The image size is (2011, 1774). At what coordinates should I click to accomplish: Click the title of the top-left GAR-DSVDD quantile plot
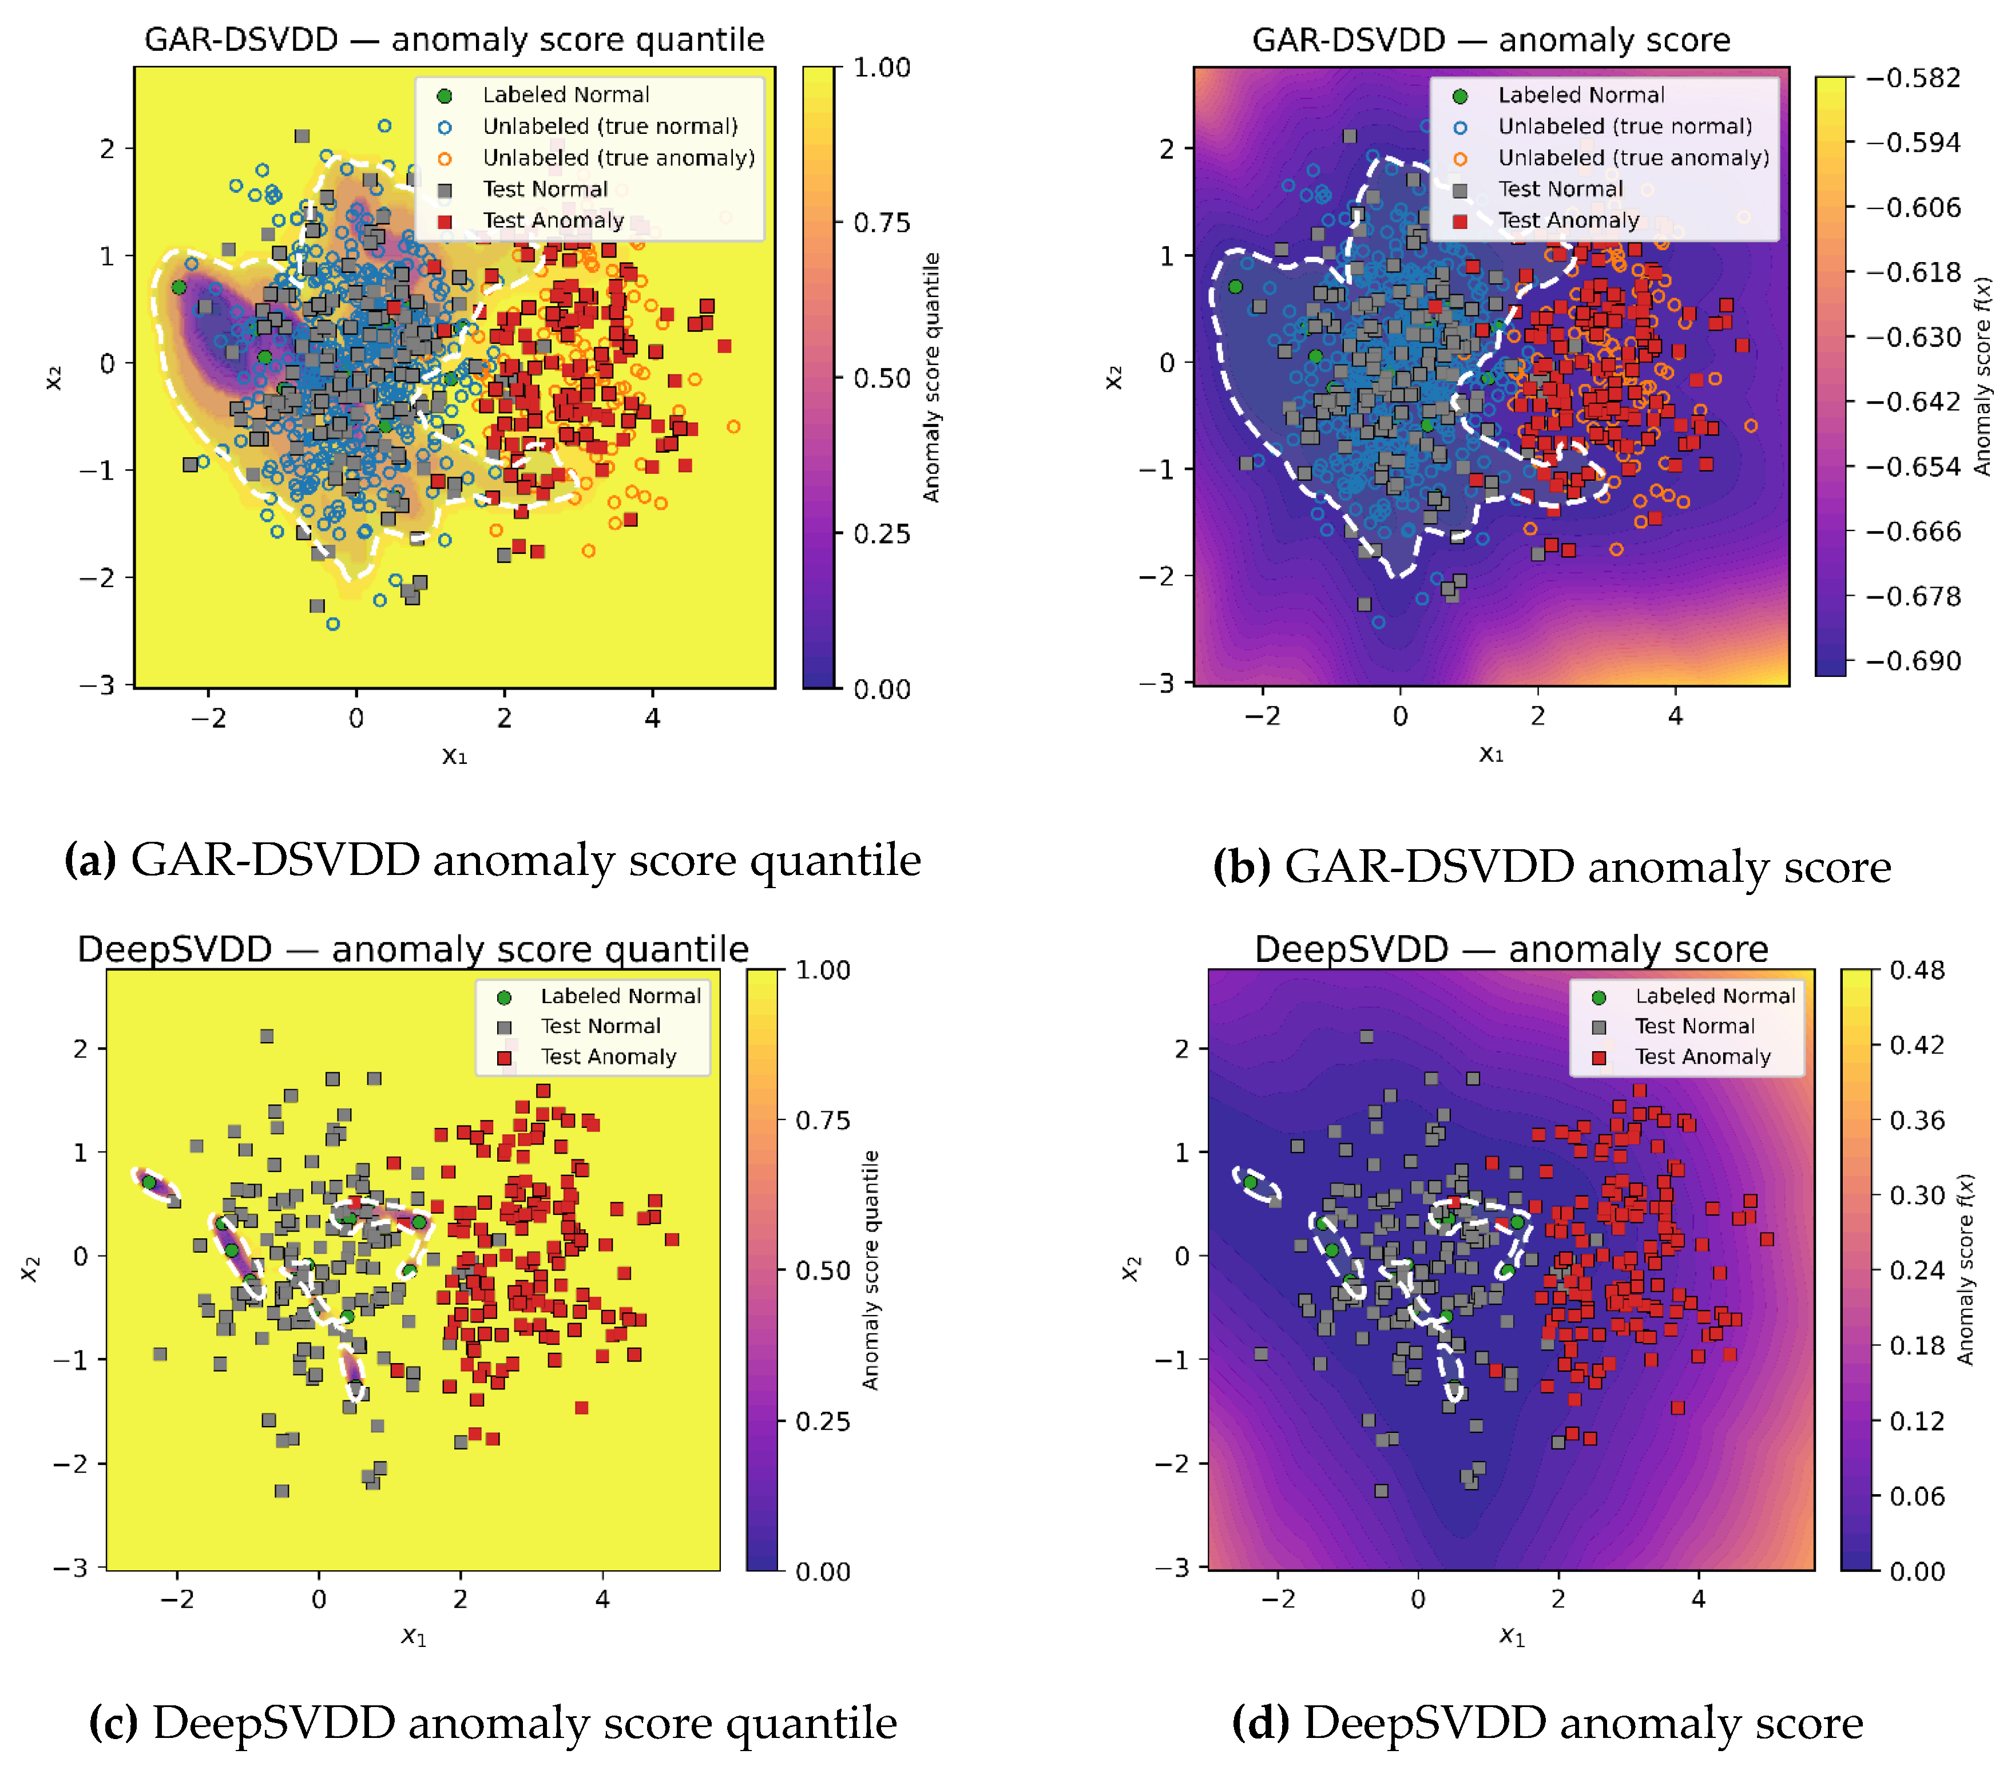pyautogui.click(x=454, y=39)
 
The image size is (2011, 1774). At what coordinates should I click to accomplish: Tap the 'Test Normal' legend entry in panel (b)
pyautogui.click(x=1560, y=189)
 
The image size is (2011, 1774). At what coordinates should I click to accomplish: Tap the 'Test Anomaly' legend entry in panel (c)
pyautogui.click(x=608, y=1057)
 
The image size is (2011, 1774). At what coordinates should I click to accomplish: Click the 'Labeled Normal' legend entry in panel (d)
pyautogui.click(x=1715, y=996)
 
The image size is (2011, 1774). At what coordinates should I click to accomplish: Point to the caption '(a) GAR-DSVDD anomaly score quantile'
pyautogui.click(x=492, y=860)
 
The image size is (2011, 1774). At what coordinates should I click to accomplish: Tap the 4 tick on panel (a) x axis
pyautogui.click(x=652, y=718)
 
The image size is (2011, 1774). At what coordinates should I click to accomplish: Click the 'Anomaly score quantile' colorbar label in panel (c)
pyautogui.click(x=870, y=1269)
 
